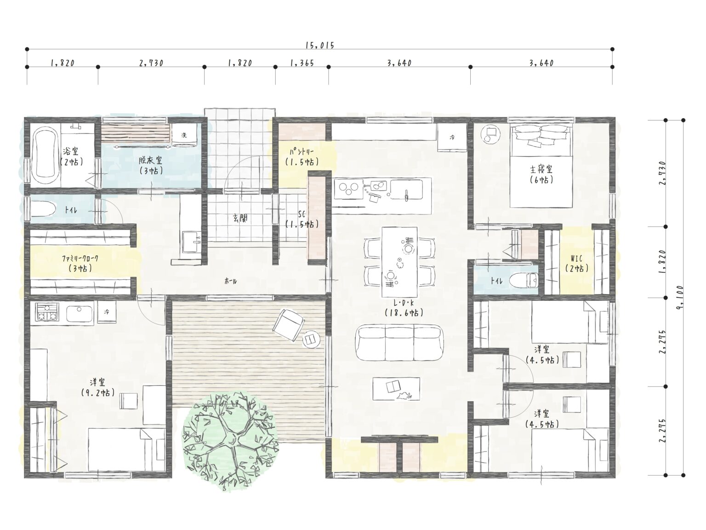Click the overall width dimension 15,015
click(320, 46)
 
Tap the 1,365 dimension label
click(302, 63)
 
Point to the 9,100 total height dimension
click(679, 297)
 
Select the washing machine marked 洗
click(184, 135)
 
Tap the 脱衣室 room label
click(150, 160)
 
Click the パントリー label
click(301, 151)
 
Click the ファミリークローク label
click(80, 258)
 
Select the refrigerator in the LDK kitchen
click(451, 138)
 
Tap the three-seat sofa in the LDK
click(399, 343)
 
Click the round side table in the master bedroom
click(490, 134)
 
